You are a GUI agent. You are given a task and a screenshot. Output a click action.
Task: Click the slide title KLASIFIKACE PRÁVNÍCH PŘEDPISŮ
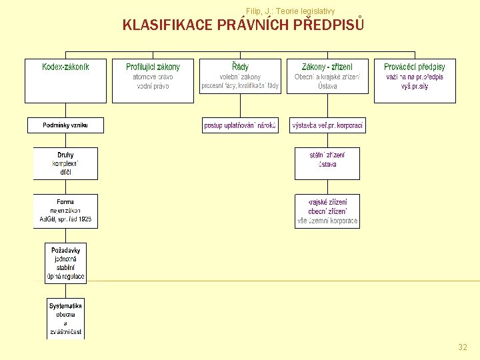click(243, 25)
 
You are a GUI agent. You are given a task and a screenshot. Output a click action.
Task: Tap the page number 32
click(463, 347)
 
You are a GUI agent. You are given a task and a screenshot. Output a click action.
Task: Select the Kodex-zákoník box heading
click(65, 67)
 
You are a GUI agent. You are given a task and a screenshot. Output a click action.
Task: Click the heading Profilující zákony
click(153, 67)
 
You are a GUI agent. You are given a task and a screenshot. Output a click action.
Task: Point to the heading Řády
click(241, 67)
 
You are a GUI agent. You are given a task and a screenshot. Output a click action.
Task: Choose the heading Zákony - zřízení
click(327, 67)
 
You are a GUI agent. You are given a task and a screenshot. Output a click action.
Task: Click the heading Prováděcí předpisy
click(415, 67)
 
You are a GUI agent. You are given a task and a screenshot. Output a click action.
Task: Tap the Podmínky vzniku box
click(65, 125)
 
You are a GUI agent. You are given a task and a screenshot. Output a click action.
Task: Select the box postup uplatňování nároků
click(240, 125)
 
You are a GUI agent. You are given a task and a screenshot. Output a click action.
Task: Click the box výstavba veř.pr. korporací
click(327, 125)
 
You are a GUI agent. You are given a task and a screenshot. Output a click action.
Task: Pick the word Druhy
click(65, 155)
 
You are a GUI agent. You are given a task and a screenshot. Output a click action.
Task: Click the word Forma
click(65, 202)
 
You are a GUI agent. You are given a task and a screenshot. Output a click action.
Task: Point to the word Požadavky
click(65, 248)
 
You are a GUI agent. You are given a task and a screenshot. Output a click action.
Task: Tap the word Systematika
click(65, 306)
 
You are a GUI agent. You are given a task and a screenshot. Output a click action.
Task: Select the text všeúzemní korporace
click(327, 221)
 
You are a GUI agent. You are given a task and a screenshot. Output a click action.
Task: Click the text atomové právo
click(153, 77)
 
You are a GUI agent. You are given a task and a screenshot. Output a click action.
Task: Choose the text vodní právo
click(153, 86)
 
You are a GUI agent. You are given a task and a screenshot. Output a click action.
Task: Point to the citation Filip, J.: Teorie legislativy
click(290, 11)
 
